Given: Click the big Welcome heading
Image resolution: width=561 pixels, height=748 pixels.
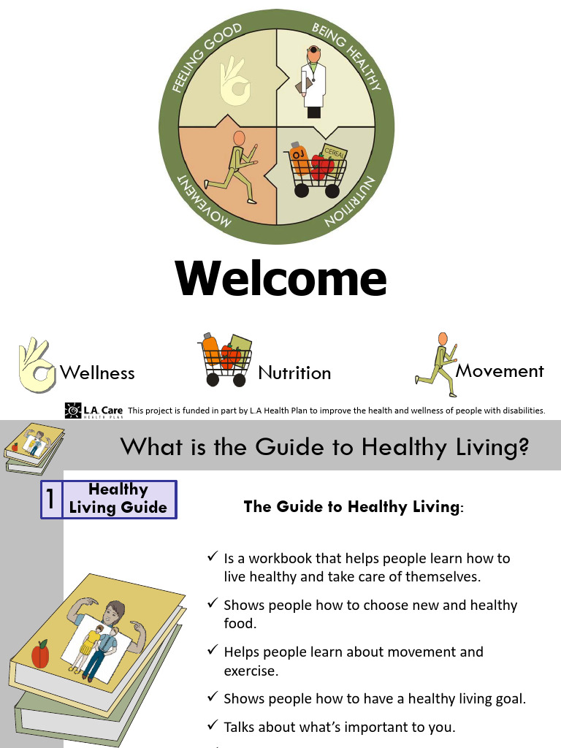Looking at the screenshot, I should click(280, 278).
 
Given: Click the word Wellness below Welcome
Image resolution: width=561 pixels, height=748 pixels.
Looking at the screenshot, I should click(97, 373).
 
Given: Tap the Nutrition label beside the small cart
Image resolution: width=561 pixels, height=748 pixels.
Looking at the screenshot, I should click(294, 373).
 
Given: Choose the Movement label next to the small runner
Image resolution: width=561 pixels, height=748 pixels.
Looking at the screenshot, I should click(500, 371).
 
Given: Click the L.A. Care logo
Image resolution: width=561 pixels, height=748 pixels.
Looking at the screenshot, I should click(93, 411).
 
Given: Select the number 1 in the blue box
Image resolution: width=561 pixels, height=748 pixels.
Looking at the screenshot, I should click(51, 500).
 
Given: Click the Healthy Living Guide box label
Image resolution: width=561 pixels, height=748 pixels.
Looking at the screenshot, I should click(118, 499).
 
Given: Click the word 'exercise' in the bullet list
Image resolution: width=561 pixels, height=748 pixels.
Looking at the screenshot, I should click(251, 670).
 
